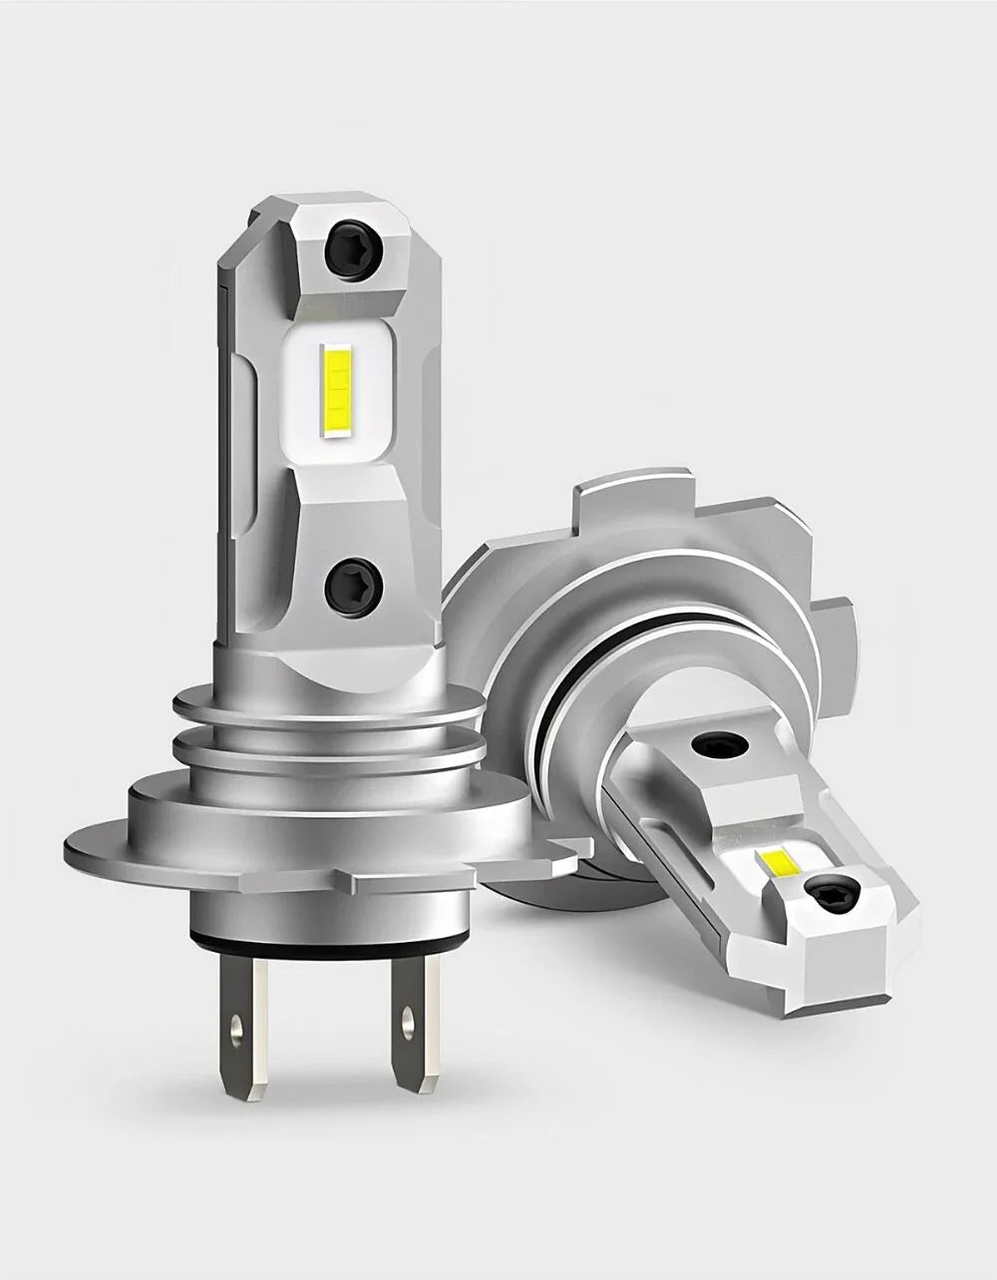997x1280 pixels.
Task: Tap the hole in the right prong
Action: [x=406, y=1022]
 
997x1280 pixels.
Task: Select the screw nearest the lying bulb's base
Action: [x=716, y=743]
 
